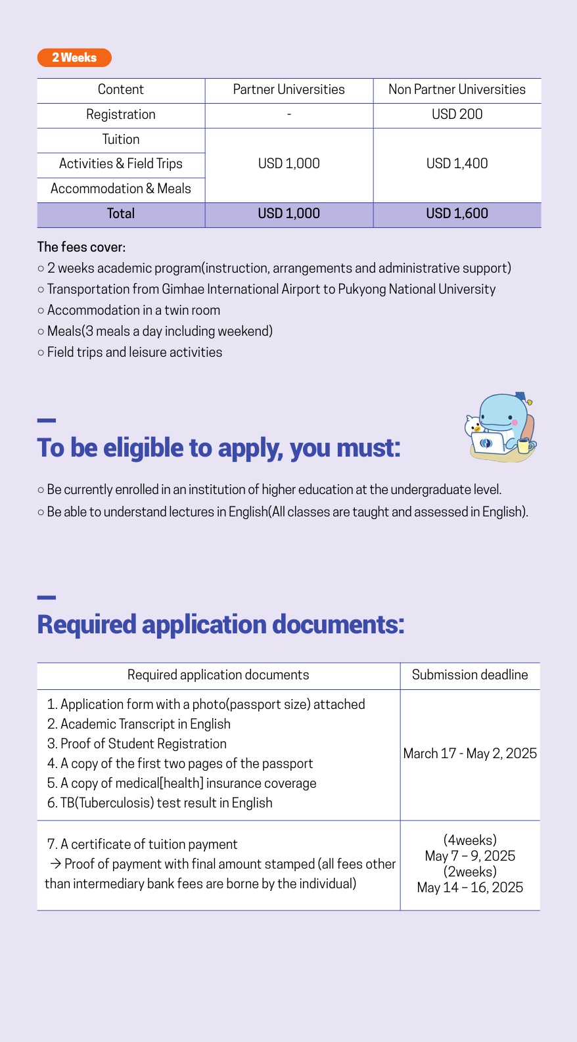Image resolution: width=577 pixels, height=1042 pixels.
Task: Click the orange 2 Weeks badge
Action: pyautogui.click(x=74, y=58)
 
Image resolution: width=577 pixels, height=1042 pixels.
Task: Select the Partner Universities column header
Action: pyautogui.click(x=288, y=90)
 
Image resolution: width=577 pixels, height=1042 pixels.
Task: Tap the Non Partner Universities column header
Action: pyautogui.click(x=457, y=90)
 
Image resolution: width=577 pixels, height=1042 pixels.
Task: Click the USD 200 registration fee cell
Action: pyautogui.click(x=457, y=114)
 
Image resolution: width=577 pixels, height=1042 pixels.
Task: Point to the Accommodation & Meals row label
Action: pyautogui.click(x=121, y=189)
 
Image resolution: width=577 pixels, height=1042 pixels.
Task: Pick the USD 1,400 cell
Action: pyautogui.click(x=457, y=164)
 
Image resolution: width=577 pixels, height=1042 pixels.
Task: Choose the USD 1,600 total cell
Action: pyautogui.click(x=457, y=214)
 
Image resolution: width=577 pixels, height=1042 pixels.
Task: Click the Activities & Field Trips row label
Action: pyautogui.click(x=121, y=164)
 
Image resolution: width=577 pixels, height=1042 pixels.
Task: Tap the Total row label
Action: pyautogui.click(x=121, y=214)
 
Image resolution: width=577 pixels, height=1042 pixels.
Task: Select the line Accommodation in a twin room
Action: pyautogui.click(x=133, y=310)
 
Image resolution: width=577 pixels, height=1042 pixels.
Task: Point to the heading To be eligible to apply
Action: pyautogui.click(x=219, y=448)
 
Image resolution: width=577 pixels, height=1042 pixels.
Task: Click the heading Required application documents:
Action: pyautogui.click(x=221, y=625)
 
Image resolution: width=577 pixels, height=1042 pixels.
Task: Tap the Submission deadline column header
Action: pyautogui.click(x=470, y=675)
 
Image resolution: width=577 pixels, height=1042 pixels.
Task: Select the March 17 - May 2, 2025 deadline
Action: pyautogui.click(x=470, y=754)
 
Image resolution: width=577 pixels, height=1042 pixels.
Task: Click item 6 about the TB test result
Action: pyautogui.click(x=160, y=803)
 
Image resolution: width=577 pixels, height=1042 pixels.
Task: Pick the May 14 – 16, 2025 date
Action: pyautogui.click(x=470, y=888)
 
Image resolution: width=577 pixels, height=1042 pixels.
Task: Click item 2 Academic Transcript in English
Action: pyautogui.click(x=139, y=724)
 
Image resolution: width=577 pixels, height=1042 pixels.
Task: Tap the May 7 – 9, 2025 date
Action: pyautogui.click(x=470, y=856)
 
